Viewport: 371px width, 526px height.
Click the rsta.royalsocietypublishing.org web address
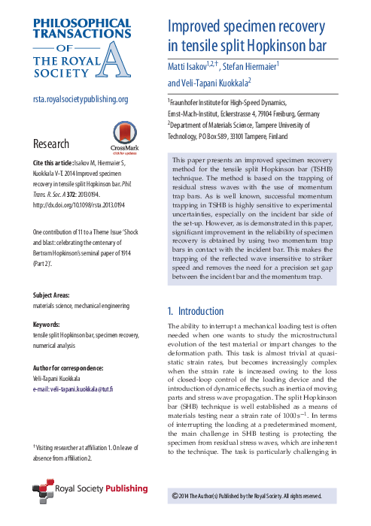tap(81, 99)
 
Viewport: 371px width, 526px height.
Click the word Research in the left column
tap(51, 144)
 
